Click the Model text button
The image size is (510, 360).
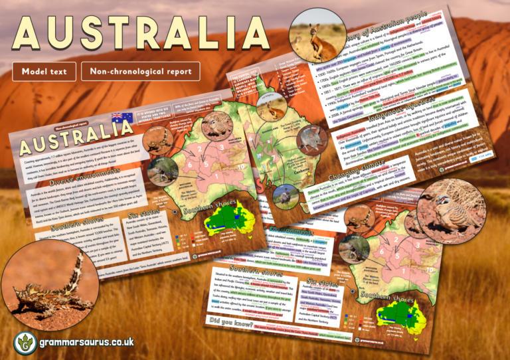tap(41, 71)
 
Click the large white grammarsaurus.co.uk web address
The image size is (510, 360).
tap(86, 342)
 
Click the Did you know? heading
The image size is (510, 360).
tap(228, 324)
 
